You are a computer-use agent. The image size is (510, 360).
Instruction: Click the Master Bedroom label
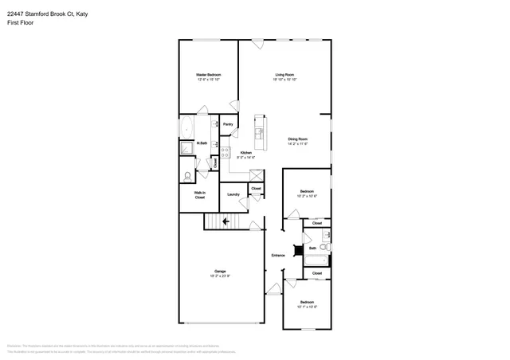click(209, 75)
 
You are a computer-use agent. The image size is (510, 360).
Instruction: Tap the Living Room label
click(285, 75)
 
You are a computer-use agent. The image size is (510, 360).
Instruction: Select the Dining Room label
click(297, 139)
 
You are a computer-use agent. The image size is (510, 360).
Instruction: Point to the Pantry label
click(228, 124)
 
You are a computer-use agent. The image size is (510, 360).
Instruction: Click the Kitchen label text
click(246, 152)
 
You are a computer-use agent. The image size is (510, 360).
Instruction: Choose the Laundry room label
click(233, 194)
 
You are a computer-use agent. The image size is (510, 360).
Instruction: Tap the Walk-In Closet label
click(200, 194)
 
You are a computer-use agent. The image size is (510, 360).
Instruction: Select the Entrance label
click(278, 255)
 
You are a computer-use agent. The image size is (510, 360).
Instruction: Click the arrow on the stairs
click(226, 221)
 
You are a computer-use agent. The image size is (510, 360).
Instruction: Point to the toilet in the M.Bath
click(187, 177)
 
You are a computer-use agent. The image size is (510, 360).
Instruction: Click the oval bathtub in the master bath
click(186, 127)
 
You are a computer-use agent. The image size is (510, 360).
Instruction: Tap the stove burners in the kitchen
click(226, 153)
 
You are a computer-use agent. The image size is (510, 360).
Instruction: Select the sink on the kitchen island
click(259, 131)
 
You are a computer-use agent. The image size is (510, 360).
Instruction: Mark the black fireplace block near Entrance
click(298, 250)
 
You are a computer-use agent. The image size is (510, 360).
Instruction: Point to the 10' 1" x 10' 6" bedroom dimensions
click(307, 307)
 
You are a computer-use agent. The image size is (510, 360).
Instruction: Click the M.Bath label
click(202, 143)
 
